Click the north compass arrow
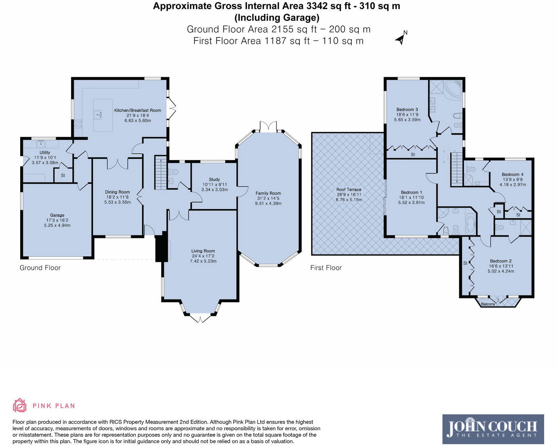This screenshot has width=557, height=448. (x=401, y=39)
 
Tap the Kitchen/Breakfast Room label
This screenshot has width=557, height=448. (x=138, y=110)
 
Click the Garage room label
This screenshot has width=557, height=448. (x=57, y=215)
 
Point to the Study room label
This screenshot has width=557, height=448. (x=214, y=179)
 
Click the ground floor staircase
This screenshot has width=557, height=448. (x=160, y=173)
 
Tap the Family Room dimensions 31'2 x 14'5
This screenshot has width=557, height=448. (x=268, y=198)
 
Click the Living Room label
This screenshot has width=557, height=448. (x=203, y=251)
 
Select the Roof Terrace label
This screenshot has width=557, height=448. (x=348, y=190)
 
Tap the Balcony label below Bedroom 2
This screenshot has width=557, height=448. (x=488, y=304)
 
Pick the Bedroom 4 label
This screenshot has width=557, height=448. (x=512, y=174)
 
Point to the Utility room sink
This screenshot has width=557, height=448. (x=41, y=143)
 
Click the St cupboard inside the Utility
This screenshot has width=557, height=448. (x=63, y=175)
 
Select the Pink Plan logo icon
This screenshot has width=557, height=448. (x=19, y=406)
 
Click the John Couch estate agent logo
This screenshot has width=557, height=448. (x=493, y=429)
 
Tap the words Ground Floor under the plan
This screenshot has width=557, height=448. (x=40, y=267)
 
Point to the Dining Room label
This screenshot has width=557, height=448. (x=117, y=192)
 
